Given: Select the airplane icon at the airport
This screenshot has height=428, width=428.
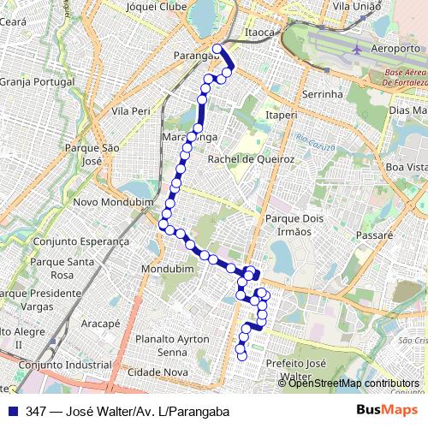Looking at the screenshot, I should point(357,49).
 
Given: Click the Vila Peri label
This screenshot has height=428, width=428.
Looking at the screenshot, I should point(130,110).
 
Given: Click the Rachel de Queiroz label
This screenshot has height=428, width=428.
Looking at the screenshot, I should point(252,159).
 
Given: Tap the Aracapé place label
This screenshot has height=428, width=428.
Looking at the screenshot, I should point(101,324).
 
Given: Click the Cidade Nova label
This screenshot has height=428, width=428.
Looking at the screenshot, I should point(157,372).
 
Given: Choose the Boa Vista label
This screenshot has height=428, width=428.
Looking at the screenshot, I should point(406,167).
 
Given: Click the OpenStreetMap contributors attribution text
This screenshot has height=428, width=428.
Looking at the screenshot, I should point(354,383).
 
